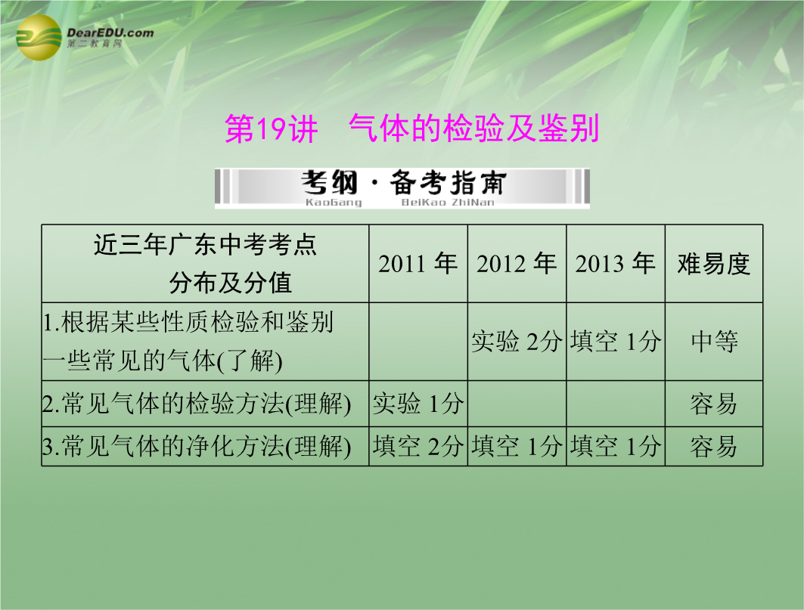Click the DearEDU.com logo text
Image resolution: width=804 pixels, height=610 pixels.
pos(110,33)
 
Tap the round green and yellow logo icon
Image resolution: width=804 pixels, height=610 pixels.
pos(39,38)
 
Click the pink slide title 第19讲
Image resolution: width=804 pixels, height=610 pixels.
pos(272,129)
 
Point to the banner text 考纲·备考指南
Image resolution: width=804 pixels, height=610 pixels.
pos(404,182)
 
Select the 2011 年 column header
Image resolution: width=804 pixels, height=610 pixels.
pos(418,264)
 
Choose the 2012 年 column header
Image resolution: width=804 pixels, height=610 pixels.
pos(517,264)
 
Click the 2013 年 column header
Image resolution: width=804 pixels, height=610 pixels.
pos(615,264)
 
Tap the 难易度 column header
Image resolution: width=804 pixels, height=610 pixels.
pos(713,264)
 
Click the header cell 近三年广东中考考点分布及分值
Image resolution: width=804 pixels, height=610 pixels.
pos(205,264)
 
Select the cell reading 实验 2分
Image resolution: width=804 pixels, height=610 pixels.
pos(517,342)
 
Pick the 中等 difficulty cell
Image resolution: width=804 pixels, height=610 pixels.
pos(714,342)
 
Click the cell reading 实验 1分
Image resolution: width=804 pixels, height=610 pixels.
pos(418,404)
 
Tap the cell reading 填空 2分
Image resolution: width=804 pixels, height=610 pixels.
pos(418,446)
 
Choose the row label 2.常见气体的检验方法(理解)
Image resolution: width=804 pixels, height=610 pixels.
pos(197,404)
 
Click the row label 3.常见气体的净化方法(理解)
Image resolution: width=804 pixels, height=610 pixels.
pos(197,447)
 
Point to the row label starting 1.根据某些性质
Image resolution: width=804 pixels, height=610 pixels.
pos(188,342)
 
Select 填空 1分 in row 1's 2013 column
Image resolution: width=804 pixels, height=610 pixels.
pos(616,342)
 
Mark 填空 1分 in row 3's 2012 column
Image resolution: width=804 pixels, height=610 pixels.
pos(517,446)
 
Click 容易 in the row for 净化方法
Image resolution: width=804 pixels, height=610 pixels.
pos(714,447)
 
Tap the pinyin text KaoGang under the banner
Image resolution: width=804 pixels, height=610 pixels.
pos(334,203)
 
